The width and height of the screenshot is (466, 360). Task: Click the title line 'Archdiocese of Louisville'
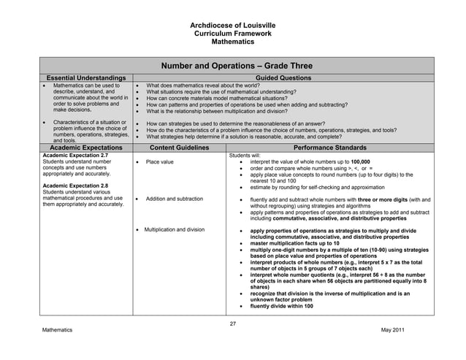click(233, 26)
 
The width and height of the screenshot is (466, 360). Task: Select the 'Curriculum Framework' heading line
click(233, 34)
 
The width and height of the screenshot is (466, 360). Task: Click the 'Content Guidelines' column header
click(178, 147)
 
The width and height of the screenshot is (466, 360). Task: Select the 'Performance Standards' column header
click(329, 147)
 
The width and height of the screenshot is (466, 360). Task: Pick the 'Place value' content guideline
click(159, 162)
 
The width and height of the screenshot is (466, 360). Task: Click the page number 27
click(233, 323)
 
